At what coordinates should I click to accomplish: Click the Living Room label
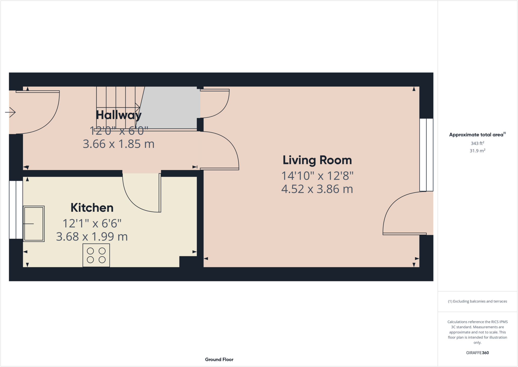pyautogui.click(x=317, y=160)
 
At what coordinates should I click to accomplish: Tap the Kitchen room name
pyautogui.click(x=92, y=208)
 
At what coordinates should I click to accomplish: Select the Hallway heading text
pyautogui.click(x=118, y=115)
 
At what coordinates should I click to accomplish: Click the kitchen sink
pyautogui.click(x=34, y=224)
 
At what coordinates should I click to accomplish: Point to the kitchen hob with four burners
pyautogui.click(x=96, y=255)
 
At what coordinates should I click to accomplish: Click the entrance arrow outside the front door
pyautogui.click(x=10, y=112)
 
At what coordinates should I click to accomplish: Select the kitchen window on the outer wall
pyautogui.click(x=16, y=209)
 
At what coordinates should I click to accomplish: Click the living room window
pyautogui.click(x=426, y=154)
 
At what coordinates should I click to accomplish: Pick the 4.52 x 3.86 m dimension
pyautogui.click(x=317, y=189)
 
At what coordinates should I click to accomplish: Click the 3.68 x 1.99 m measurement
pyautogui.click(x=92, y=237)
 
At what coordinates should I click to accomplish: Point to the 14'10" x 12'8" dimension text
pyautogui.click(x=317, y=176)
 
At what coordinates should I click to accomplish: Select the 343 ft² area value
pyautogui.click(x=477, y=143)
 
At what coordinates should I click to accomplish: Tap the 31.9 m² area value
pyautogui.click(x=477, y=151)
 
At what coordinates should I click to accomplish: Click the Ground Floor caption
pyautogui.click(x=219, y=359)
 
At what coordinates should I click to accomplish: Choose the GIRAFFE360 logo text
pyautogui.click(x=477, y=353)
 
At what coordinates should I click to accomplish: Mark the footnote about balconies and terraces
pyautogui.click(x=477, y=301)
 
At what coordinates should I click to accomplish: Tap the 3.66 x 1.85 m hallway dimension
pyautogui.click(x=118, y=144)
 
